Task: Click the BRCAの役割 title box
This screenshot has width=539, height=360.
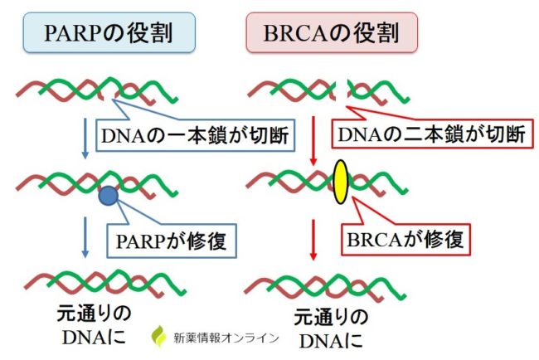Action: click(x=332, y=34)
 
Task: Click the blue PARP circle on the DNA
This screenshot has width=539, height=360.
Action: click(x=108, y=197)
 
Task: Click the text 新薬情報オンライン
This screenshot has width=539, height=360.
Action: click(x=226, y=338)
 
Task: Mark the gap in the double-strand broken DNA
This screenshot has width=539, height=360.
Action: click(x=342, y=85)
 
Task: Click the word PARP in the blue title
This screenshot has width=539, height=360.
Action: click(x=79, y=34)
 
